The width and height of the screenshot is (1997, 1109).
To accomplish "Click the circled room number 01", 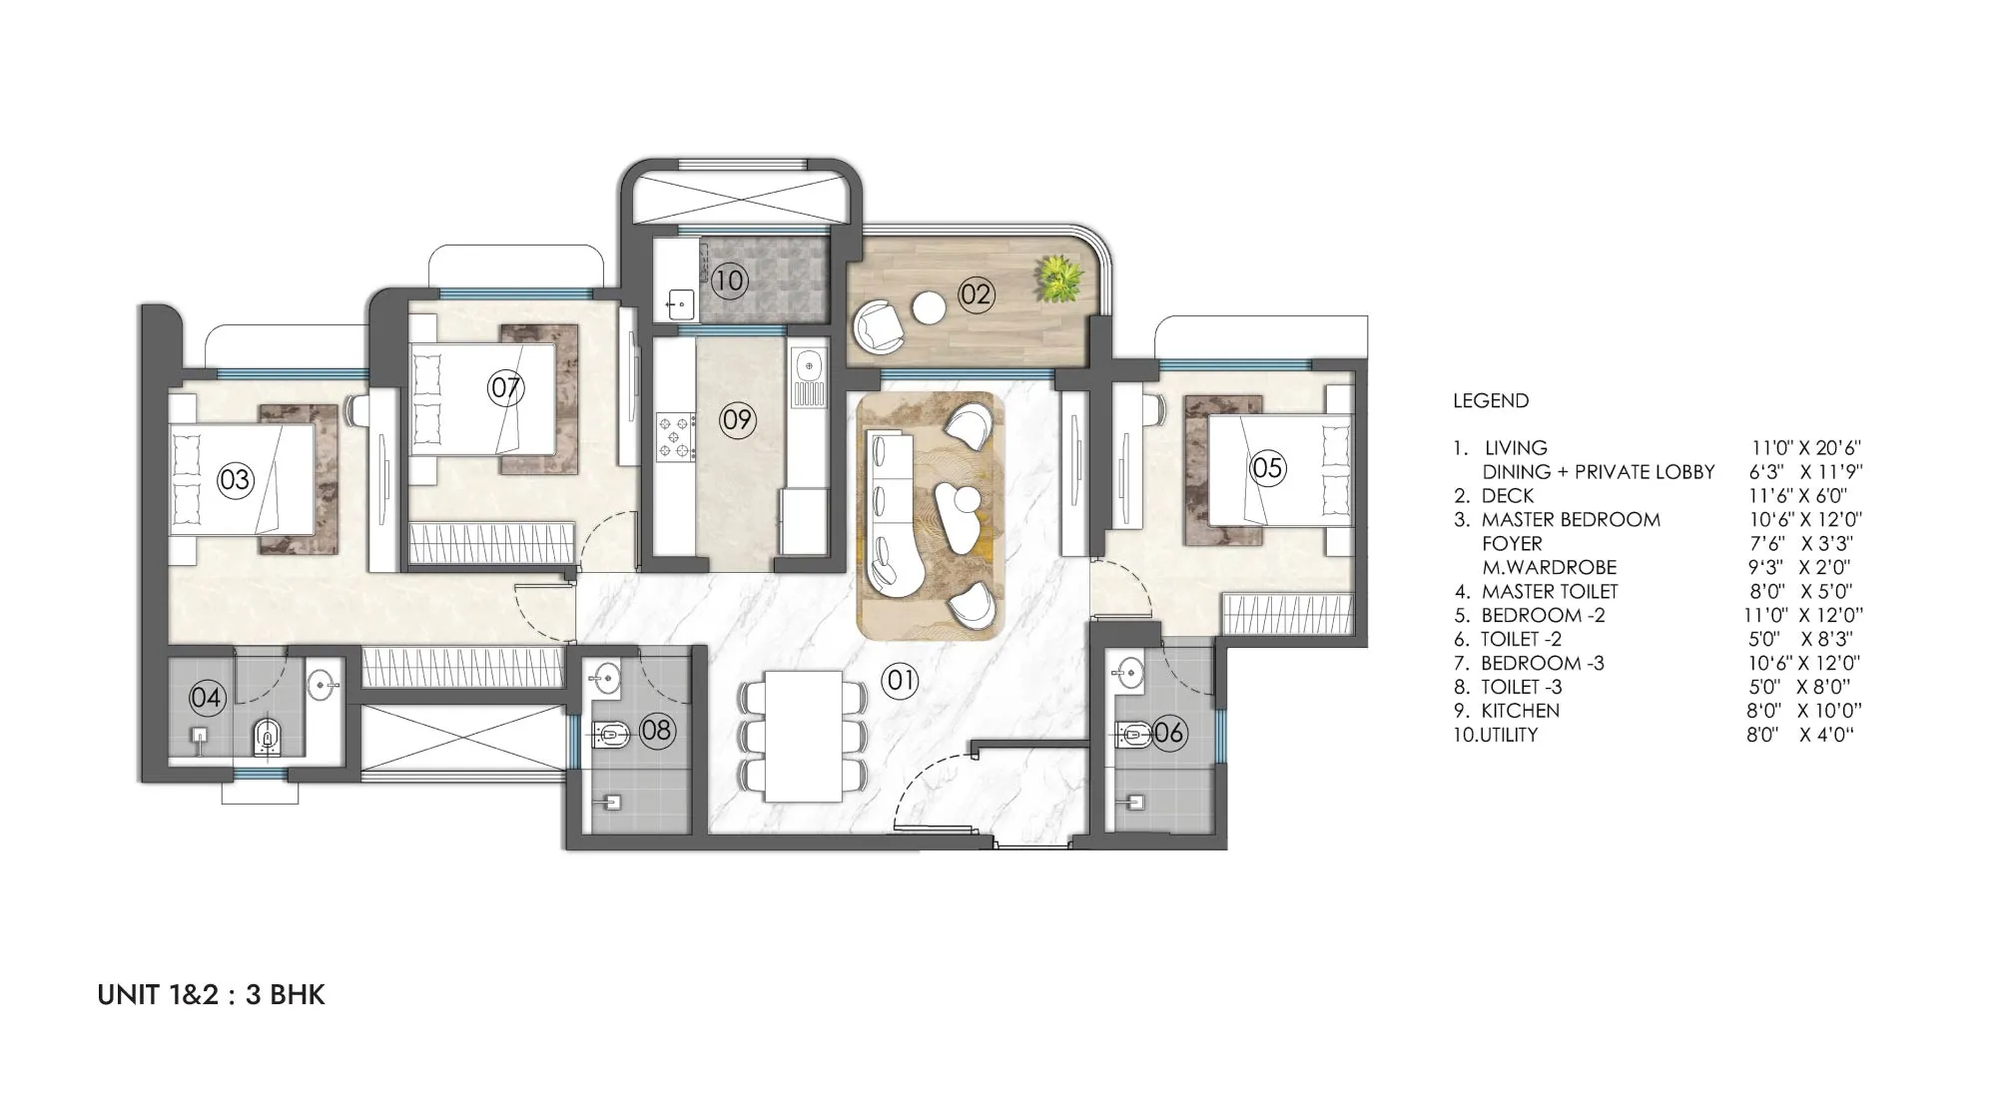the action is [x=900, y=681].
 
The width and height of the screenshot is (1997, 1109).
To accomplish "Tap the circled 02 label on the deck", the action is [x=976, y=293].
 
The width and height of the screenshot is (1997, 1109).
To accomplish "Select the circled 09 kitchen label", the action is [x=737, y=420].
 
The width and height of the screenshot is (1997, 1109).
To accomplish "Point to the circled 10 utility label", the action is [x=729, y=280].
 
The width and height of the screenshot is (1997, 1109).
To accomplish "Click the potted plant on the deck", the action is [x=1058, y=278].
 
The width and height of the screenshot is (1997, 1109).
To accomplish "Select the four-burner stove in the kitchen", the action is [x=675, y=437].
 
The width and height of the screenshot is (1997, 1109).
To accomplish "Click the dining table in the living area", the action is [x=802, y=736].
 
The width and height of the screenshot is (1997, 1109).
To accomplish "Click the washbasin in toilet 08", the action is [x=604, y=678].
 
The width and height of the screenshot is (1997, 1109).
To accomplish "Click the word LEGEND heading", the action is [x=1491, y=400].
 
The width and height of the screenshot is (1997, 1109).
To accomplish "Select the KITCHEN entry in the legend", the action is [x=1520, y=711].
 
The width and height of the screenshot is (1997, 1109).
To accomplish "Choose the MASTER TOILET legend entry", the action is [x=1550, y=591].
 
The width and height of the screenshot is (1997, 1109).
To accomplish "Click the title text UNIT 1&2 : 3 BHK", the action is [x=212, y=995].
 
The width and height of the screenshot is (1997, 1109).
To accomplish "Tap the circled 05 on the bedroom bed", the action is [x=1267, y=467].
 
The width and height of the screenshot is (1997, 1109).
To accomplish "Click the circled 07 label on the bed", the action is [x=506, y=386].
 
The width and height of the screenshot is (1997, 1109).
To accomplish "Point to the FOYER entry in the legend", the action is [x=1512, y=543].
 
